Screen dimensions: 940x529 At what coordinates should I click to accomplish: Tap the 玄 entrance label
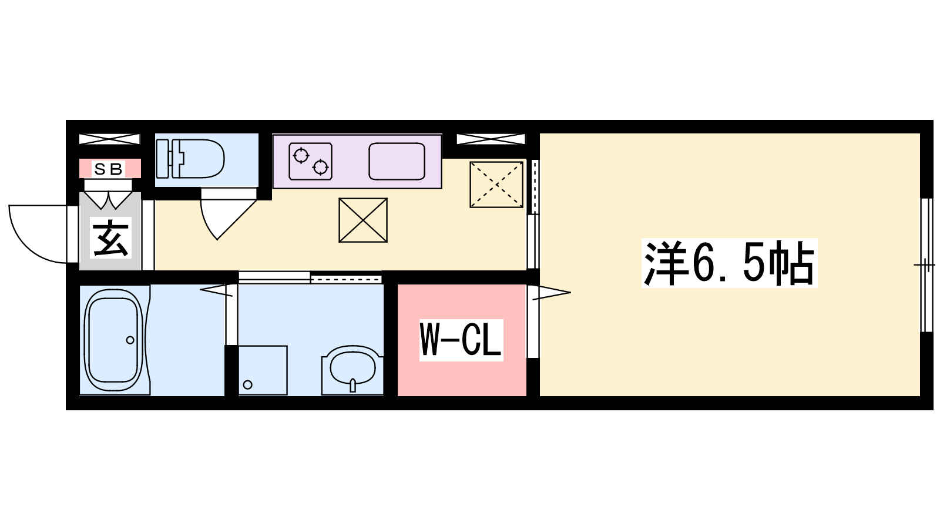pyautogui.click(x=110, y=238)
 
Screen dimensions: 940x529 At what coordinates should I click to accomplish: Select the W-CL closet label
pyautogui.click(x=461, y=340)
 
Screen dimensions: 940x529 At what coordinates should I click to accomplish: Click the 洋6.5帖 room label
pyautogui.click(x=729, y=263)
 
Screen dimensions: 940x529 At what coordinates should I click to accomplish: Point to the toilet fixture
pyautogui.click(x=190, y=159)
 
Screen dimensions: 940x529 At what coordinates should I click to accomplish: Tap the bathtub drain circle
pyautogui.click(x=130, y=340)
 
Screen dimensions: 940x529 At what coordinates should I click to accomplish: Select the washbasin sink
pyautogui.click(x=352, y=370)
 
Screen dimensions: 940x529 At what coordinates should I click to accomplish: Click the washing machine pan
pyautogui.click(x=263, y=370)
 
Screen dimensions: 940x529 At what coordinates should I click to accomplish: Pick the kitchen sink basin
pyautogui.click(x=397, y=161)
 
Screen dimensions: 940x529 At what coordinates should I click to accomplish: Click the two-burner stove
pyautogui.click(x=311, y=161)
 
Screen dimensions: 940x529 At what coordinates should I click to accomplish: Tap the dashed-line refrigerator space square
pyautogui.click(x=496, y=185)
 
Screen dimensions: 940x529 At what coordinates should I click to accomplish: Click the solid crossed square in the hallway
pyautogui.click(x=363, y=220)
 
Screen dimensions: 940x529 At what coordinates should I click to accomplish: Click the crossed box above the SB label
pyautogui.click(x=109, y=139)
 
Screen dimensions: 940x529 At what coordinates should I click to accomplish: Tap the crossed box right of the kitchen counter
pyautogui.click(x=491, y=139)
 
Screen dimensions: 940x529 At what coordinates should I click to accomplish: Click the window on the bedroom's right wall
pyautogui.click(x=926, y=265)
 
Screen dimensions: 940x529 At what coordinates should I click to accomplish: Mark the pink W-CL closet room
pyautogui.click(x=462, y=340)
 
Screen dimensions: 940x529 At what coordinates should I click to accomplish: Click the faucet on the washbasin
pyautogui.click(x=353, y=385)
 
